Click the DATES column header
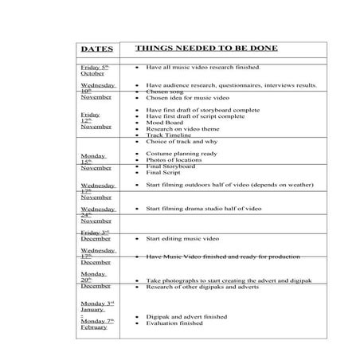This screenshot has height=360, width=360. click(x=97, y=49)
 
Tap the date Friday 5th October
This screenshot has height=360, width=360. click(x=96, y=71)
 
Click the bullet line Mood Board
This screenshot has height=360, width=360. click(x=164, y=123)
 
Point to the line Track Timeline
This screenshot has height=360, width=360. click(x=170, y=135)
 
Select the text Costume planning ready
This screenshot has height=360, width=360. click(x=182, y=153)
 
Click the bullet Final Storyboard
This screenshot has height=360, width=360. click(x=171, y=166)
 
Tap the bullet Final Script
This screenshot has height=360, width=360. click(x=164, y=173)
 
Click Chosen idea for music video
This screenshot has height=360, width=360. click(x=189, y=97)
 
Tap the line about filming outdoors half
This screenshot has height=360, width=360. click(x=229, y=185)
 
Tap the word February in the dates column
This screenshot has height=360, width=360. click(x=96, y=327)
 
